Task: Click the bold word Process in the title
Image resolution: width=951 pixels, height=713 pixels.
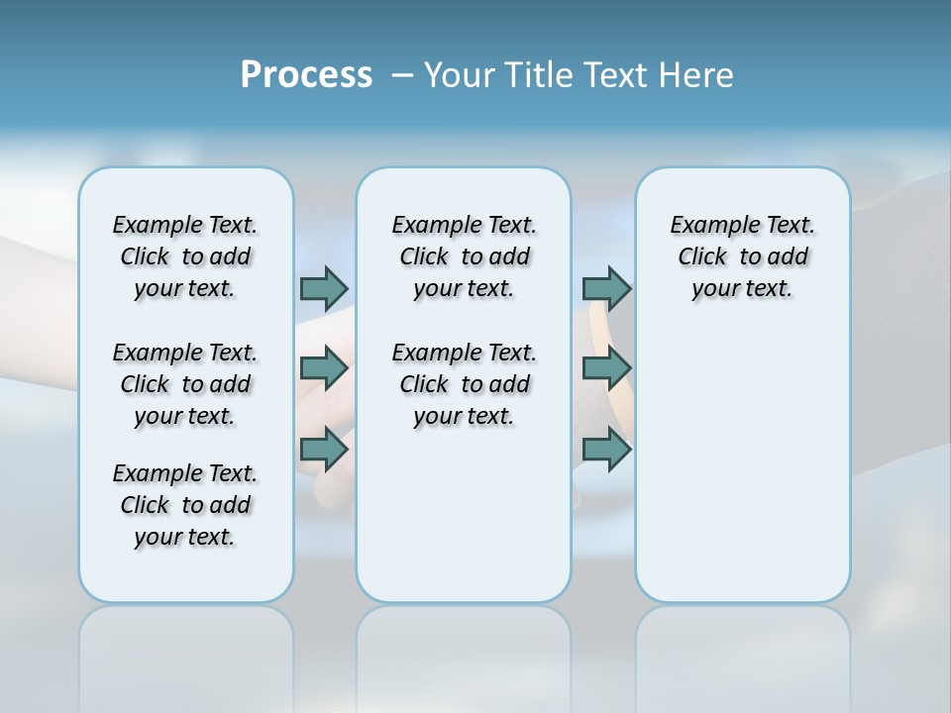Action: tap(306, 75)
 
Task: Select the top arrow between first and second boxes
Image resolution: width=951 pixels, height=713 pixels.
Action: tap(324, 288)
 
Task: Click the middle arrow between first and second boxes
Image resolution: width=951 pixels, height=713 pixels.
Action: tap(324, 368)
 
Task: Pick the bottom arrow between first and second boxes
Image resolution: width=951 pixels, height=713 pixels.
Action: tap(324, 450)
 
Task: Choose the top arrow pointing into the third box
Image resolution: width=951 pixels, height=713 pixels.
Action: tap(606, 288)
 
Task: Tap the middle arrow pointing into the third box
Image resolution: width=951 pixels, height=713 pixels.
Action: tap(606, 368)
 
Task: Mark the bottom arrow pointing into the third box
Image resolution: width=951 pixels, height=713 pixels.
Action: tap(606, 450)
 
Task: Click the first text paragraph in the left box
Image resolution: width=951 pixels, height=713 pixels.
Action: tap(185, 256)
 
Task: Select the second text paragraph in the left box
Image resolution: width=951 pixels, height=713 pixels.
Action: tap(185, 384)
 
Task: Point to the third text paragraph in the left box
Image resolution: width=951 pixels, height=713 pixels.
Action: tap(185, 505)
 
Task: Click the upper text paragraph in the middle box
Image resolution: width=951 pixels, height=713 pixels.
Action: tap(464, 256)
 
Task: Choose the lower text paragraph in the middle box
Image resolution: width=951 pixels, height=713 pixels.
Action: tap(464, 384)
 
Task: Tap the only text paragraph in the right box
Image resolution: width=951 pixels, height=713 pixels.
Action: tap(742, 256)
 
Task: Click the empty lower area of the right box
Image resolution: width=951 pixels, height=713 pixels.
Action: tap(742, 465)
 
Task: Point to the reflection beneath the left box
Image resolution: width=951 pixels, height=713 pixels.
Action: tap(185, 654)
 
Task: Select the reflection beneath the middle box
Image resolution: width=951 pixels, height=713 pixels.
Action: tap(464, 654)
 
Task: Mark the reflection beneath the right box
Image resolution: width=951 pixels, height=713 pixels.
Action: tap(742, 654)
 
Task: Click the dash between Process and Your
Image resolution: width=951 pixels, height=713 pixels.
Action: tap(402, 76)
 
